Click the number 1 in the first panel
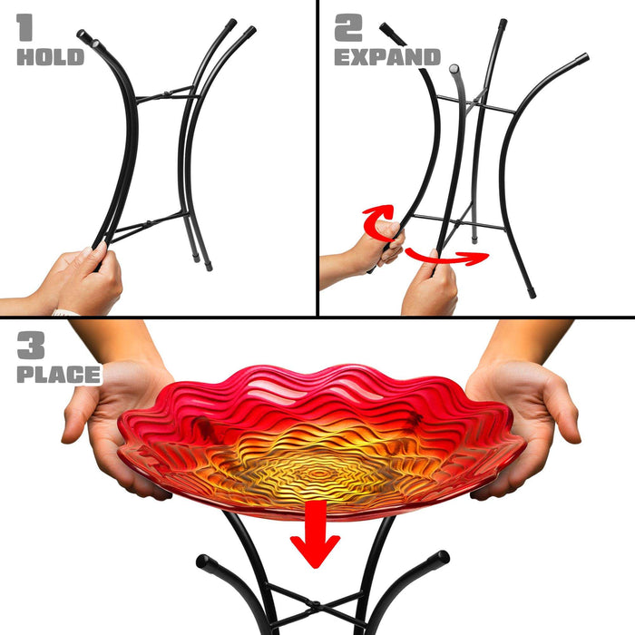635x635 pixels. [24, 27]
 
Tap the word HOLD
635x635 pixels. [51, 57]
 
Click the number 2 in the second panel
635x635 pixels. [348, 27]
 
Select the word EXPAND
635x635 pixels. [387, 57]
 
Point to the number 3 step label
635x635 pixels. [31, 345]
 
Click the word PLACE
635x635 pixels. [59, 375]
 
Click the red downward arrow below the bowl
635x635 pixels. [315, 533]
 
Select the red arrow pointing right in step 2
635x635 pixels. [447, 257]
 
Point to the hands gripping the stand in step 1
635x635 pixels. [81, 279]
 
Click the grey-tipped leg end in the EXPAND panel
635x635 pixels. [454, 68]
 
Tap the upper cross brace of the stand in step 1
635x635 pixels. [167, 94]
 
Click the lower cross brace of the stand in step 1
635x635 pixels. [148, 225]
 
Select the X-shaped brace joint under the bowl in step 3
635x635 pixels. [315, 605]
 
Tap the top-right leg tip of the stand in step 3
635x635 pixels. [442, 557]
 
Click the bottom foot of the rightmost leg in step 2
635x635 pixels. [532, 293]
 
